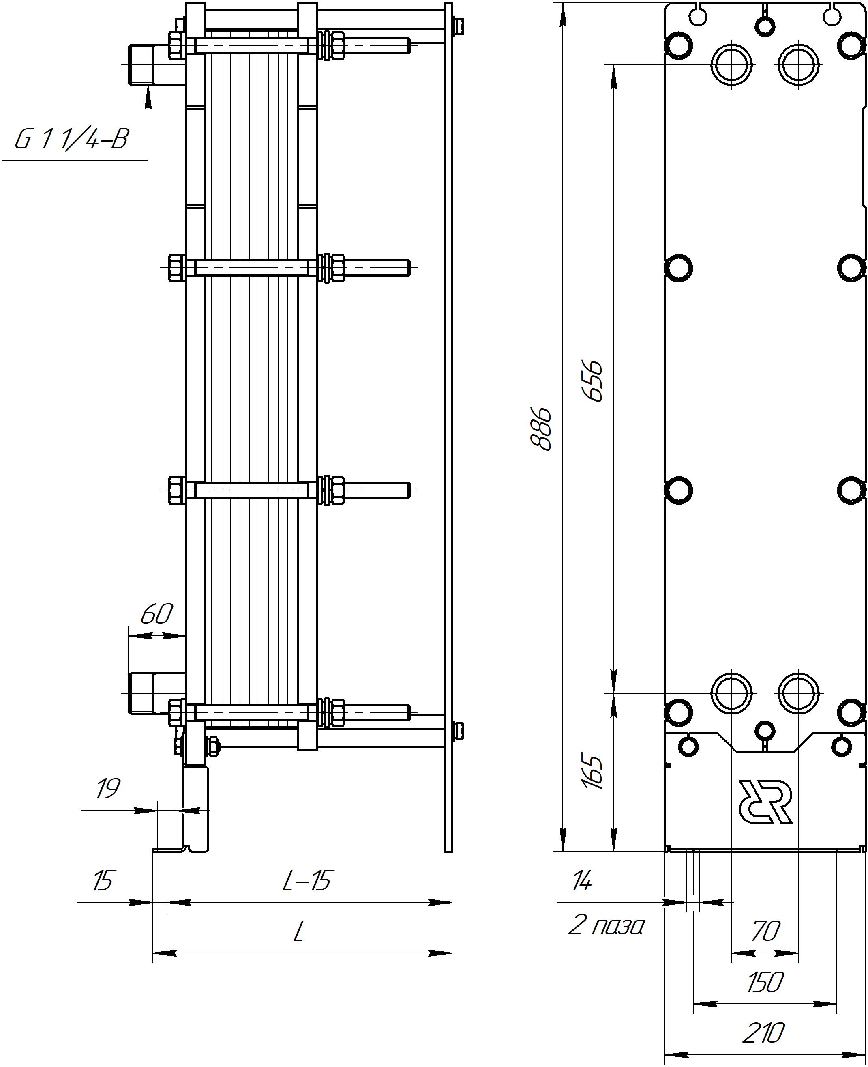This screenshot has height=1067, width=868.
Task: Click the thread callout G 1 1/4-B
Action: (x=71, y=140)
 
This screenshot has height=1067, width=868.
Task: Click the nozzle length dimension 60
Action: (x=156, y=615)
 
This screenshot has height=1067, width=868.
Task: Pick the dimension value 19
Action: (x=108, y=789)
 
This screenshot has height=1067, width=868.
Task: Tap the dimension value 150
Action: (x=765, y=983)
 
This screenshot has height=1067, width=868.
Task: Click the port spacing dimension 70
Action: (x=765, y=931)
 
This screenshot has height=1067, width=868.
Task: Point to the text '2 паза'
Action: (x=606, y=927)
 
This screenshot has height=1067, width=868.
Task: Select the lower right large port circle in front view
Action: (x=799, y=693)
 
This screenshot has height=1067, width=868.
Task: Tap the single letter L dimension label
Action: (x=298, y=932)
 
